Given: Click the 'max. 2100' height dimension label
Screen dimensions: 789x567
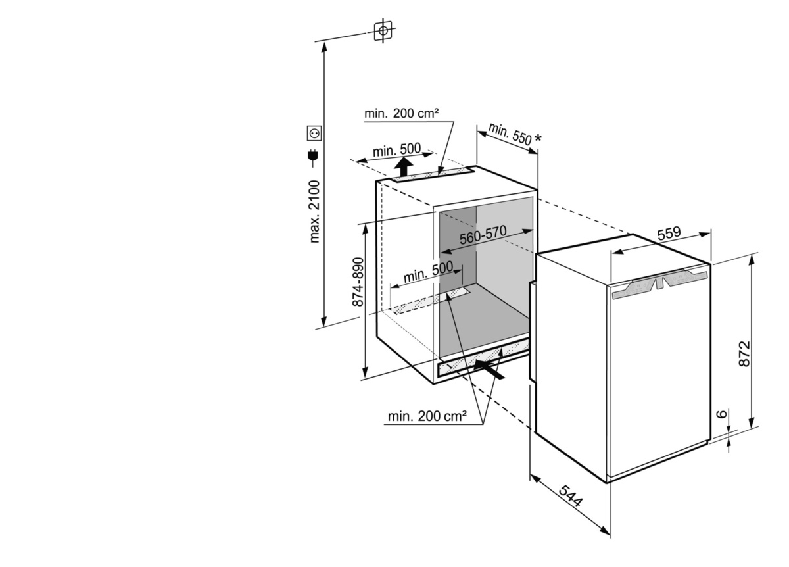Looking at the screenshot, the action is click(314, 211).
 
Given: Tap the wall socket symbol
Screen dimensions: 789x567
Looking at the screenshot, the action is click(314, 134).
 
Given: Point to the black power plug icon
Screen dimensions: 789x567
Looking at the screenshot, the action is click(313, 157).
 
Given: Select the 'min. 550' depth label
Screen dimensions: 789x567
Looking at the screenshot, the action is click(510, 134).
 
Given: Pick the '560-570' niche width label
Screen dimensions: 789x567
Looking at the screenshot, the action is click(483, 234).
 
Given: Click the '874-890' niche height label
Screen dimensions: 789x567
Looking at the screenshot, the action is click(358, 282).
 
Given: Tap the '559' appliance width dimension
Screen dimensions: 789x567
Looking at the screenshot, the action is click(669, 233).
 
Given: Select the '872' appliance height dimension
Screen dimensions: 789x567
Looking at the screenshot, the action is click(744, 354).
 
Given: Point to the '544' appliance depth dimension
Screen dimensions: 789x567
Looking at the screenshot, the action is click(571, 496).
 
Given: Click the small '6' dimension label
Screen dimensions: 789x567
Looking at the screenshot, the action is click(722, 414).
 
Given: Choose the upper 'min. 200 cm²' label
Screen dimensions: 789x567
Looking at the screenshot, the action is click(401, 114).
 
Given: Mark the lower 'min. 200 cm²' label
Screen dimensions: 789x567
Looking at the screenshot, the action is click(427, 416).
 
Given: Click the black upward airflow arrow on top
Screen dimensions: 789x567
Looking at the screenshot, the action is click(403, 166).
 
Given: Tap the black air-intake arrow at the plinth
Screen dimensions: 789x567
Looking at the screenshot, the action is click(489, 368).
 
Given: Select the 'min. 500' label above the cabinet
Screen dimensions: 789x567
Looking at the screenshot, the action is click(396, 150).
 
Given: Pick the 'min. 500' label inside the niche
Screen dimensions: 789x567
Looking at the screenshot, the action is click(428, 272).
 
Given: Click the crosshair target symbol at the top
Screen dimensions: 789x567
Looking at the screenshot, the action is click(383, 31).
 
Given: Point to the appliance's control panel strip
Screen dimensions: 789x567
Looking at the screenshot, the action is click(660, 283).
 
